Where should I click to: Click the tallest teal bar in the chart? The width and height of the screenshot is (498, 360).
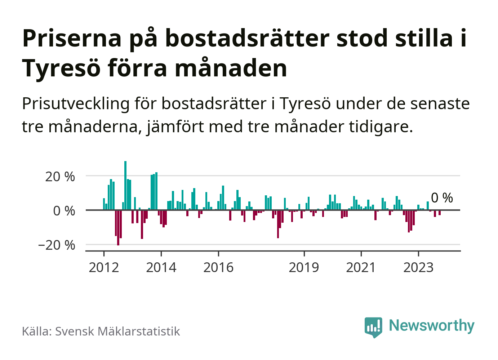coord(125,185)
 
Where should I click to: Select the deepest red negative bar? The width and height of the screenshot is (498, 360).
coord(118,227)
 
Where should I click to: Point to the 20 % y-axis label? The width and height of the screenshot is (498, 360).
coord(60,177)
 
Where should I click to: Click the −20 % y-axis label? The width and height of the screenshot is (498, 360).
coord(57,245)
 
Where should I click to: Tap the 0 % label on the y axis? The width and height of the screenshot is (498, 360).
coord(64,211)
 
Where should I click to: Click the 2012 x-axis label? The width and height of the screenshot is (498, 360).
coord(104,267)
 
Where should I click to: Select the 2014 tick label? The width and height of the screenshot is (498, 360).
coord(161,267)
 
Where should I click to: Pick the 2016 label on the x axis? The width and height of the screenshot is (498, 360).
coord(218,267)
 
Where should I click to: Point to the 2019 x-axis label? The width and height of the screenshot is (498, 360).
coord(304,267)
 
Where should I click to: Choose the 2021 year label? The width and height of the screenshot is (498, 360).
coord(361,267)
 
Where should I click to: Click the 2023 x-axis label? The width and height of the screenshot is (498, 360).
coord(418,267)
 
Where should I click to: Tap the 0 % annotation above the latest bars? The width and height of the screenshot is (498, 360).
coord(442,198)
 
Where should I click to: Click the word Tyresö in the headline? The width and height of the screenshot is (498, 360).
coord(61,68)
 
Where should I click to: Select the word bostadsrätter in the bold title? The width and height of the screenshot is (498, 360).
coord(247,38)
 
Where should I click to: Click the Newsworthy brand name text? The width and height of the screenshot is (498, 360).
coord(431,325)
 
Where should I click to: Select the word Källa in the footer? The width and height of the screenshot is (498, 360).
coord(36,331)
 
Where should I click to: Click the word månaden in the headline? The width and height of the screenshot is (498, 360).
coord(231,68)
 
